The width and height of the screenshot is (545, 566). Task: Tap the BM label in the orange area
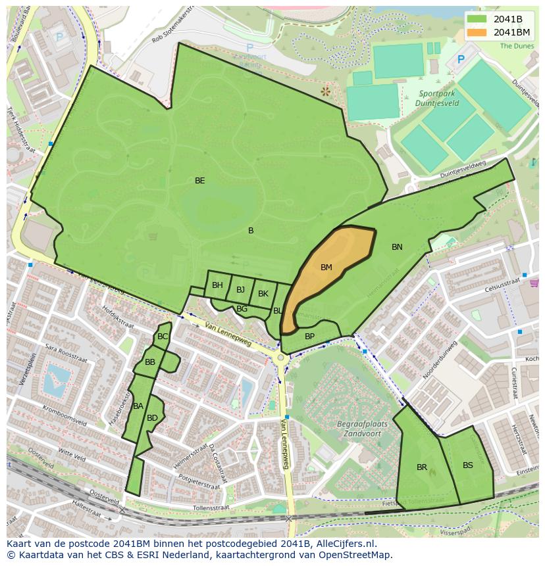click(x=326, y=268)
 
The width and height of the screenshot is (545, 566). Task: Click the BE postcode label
click(x=200, y=181)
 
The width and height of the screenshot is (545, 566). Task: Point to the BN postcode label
click(x=397, y=247)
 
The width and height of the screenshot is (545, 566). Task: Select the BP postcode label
click(x=309, y=337)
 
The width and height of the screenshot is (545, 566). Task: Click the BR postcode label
click(x=422, y=467)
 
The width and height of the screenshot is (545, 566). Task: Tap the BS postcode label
click(x=468, y=465)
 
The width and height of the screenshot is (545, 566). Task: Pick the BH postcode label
click(x=217, y=285)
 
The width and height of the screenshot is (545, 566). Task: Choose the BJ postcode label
click(x=240, y=290)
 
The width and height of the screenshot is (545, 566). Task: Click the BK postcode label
click(x=263, y=294)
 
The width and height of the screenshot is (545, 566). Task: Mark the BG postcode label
click(x=242, y=309)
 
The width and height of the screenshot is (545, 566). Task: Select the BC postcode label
click(x=163, y=337)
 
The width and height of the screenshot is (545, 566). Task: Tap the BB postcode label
click(x=150, y=362)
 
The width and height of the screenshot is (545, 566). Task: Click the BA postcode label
click(x=138, y=406)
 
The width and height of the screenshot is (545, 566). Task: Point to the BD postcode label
click(x=152, y=418)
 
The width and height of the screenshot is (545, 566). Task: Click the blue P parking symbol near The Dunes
click(x=461, y=60)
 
